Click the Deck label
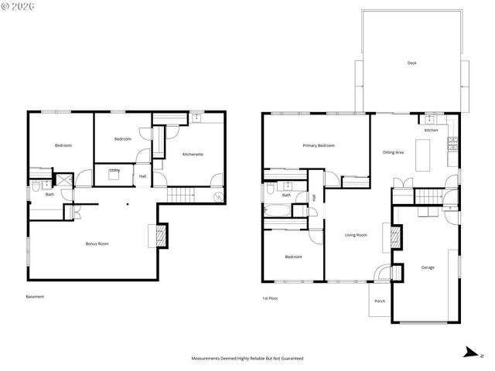pos(411,63)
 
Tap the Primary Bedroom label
pos(318,145)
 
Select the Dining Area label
pos(394,152)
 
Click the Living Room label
pos(356,235)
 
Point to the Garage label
pos(427,267)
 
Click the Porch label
pos(380,301)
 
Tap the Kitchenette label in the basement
pos(193,155)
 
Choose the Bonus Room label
pos(97,243)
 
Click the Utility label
pos(114,170)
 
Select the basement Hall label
pos(142,176)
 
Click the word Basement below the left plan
pos(35,297)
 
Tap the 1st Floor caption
pos(270,297)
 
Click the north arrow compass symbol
pos(470,353)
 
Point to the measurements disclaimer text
pos(247,359)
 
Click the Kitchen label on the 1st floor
pos(431,131)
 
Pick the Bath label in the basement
pos(49,194)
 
